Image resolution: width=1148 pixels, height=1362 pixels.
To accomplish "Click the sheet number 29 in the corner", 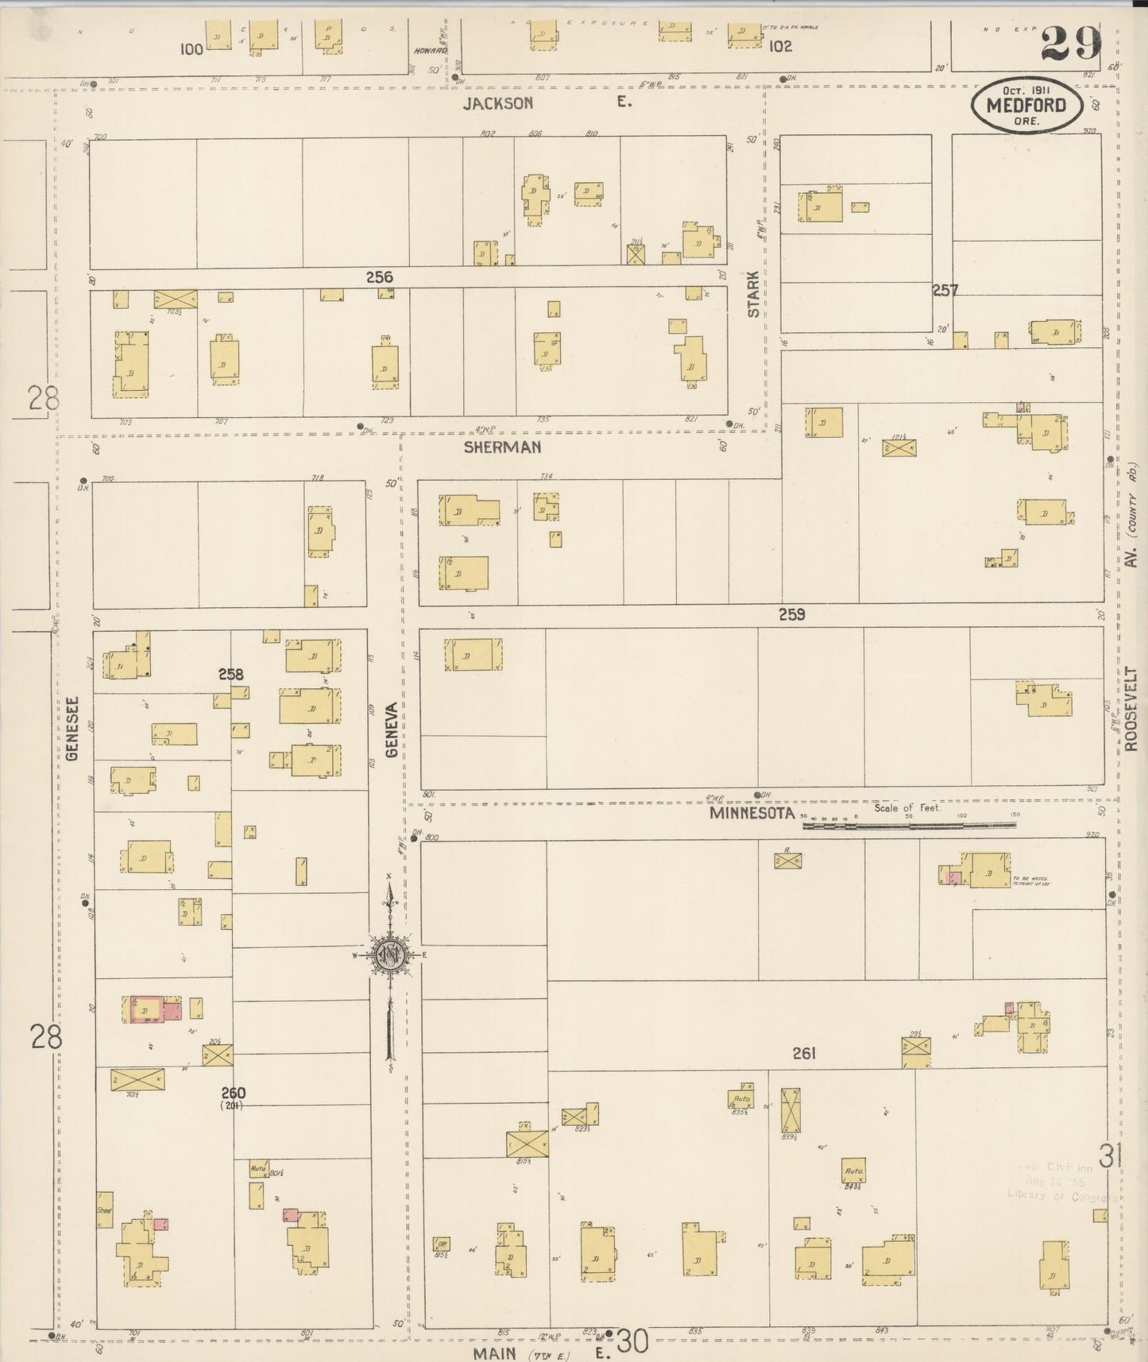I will tap(1071, 43).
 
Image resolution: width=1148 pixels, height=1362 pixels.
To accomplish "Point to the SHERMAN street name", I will tap(502, 447).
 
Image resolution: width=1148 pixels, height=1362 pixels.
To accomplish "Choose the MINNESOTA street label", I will tap(752, 814).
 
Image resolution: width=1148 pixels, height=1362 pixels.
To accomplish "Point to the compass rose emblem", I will tap(390, 954).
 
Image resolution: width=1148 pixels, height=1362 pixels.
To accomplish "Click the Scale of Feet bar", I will tap(909, 825).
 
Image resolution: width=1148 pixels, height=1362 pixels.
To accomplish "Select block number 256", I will tap(380, 277).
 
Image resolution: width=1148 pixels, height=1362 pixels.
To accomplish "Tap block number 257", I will tap(945, 291).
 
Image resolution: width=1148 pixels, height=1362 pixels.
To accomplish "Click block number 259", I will tap(791, 614).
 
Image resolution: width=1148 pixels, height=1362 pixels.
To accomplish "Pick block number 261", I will tap(804, 1054).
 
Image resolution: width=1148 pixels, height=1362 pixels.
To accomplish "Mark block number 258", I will tap(230, 674).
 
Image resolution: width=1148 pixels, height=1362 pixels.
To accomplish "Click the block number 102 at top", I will tap(780, 46).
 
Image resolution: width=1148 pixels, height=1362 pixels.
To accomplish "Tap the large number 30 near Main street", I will tap(632, 1341).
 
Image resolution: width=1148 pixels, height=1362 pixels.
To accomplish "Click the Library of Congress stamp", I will tap(1061, 1182).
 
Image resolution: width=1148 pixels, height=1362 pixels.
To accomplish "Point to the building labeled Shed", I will tap(104, 1210).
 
